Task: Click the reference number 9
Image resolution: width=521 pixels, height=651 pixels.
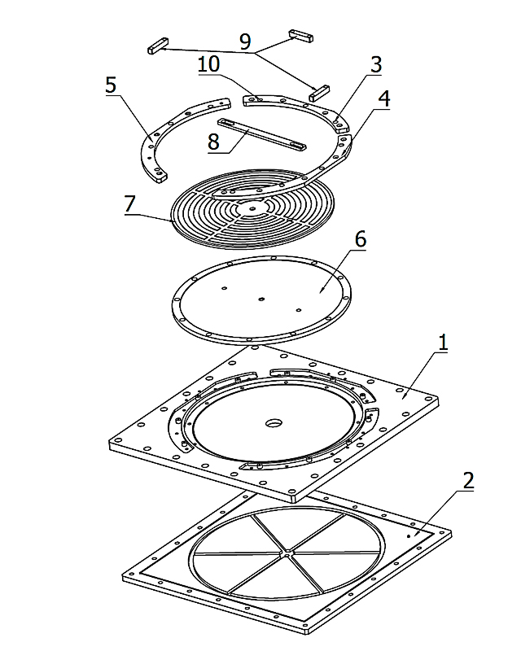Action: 246,42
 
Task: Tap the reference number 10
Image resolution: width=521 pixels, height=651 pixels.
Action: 209,64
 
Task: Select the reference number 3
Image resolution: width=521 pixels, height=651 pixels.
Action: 376,65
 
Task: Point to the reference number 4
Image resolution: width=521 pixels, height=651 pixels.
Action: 385,98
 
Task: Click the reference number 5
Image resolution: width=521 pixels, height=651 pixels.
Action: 111,85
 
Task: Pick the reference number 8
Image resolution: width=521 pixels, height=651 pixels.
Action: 213,142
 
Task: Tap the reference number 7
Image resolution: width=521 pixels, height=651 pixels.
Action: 130,204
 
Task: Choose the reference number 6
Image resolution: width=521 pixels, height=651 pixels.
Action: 360,239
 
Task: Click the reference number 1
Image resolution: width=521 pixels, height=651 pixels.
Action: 443,343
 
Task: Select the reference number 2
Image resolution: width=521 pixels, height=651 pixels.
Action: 468,481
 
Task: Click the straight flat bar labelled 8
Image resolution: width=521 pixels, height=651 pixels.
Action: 262,134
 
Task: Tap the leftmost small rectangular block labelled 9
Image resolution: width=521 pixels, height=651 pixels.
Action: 158,46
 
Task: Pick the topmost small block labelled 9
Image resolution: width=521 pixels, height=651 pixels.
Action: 301,36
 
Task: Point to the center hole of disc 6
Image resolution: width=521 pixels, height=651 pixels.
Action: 261,299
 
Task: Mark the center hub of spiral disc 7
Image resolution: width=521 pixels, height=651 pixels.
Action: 252,208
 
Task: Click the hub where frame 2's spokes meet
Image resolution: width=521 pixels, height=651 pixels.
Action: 287,553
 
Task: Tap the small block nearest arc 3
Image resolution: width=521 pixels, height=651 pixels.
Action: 319,94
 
